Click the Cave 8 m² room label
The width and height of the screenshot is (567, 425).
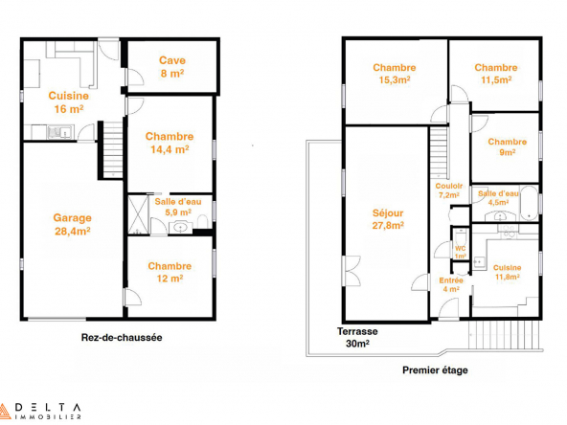coord(172,67)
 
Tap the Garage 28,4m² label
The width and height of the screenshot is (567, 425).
coord(73,224)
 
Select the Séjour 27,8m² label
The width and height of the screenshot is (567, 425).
coord(388,219)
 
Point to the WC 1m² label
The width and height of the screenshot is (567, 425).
coord(461,253)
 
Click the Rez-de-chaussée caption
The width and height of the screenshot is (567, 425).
coord(122,338)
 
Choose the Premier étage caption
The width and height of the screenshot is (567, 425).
coord(435,370)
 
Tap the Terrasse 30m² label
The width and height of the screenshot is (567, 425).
coord(357,337)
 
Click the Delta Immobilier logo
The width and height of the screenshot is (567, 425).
coord(40,412)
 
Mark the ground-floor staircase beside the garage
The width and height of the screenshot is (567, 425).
coord(113,149)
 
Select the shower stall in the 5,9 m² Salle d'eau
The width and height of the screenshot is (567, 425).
coord(138,214)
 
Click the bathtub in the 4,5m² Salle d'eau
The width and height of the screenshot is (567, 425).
coord(529,203)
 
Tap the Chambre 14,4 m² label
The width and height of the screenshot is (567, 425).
coord(170,143)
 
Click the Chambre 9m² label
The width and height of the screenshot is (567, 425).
coord(507,146)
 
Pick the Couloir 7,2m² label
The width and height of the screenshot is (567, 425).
coord(449,190)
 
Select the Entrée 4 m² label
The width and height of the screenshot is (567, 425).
coord(451,285)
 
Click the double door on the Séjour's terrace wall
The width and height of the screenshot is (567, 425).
coord(352,271)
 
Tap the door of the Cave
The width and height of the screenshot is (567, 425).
coord(135,77)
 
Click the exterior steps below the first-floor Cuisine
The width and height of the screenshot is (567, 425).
coord(506,335)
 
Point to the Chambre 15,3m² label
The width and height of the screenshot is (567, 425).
coord(395,74)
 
